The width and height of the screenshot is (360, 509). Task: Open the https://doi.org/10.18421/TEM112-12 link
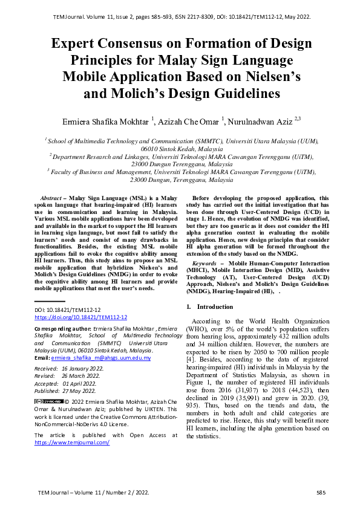80,317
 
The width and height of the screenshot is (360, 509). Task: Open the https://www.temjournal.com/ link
72,443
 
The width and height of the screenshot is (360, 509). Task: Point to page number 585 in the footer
321,493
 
